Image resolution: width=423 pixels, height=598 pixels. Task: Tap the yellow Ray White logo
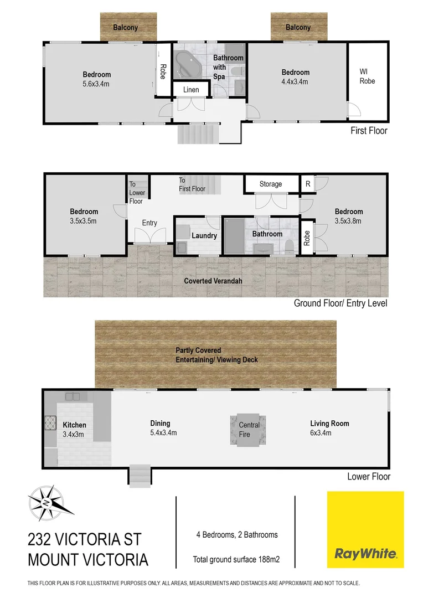[x=365, y=529]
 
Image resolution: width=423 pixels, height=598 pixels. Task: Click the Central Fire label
[x=249, y=430]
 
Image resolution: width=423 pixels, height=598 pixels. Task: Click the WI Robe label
[x=367, y=76]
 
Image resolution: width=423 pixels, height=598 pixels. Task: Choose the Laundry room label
[x=204, y=235]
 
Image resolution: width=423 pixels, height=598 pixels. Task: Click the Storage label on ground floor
[x=271, y=184]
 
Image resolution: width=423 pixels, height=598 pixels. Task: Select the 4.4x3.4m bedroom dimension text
[x=295, y=81]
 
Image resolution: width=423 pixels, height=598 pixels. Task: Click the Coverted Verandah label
[x=213, y=281]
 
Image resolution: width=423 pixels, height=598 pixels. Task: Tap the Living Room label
[x=329, y=424]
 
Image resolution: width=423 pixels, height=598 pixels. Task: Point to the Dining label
[x=160, y=424]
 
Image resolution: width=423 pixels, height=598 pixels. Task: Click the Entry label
[x=149, y=223]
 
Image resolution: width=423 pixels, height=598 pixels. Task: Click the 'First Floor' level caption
[x=369, y=131]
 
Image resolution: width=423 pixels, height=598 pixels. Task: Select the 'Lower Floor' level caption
[x=368, y=477]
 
